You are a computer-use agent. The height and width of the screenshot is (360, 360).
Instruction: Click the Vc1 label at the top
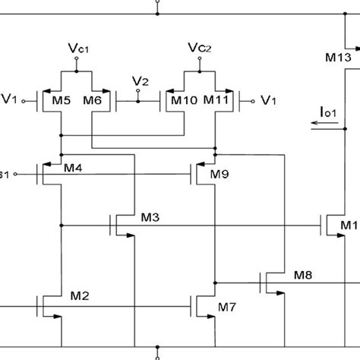(78, 49)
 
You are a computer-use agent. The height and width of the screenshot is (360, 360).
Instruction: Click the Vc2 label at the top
(200, 49)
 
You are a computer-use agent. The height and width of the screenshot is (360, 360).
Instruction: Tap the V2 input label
(139, 80)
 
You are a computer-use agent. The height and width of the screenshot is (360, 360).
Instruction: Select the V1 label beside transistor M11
(268, 99)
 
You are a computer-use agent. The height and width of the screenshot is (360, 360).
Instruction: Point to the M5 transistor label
(64, 99)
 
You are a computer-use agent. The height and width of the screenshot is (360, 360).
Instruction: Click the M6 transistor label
(92, 99)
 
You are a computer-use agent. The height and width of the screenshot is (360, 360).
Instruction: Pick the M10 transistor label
(185, 99)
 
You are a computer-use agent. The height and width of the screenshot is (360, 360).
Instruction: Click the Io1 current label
(328, 114)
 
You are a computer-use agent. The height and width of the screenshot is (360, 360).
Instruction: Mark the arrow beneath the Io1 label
(326, 128)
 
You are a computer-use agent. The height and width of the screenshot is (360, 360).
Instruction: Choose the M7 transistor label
(226, 307)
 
